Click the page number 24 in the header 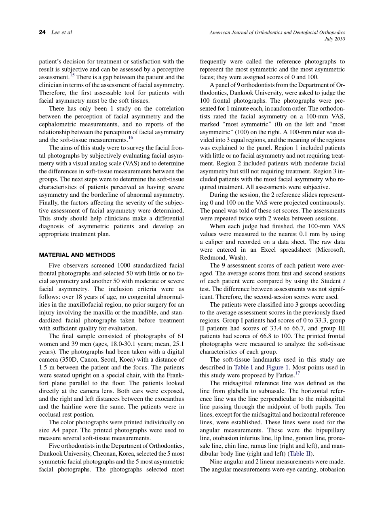42,32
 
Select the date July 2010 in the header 335,39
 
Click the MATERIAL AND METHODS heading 77,255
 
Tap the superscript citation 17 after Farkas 297,373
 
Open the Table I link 243,367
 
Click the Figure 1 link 278,367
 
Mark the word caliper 214,242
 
